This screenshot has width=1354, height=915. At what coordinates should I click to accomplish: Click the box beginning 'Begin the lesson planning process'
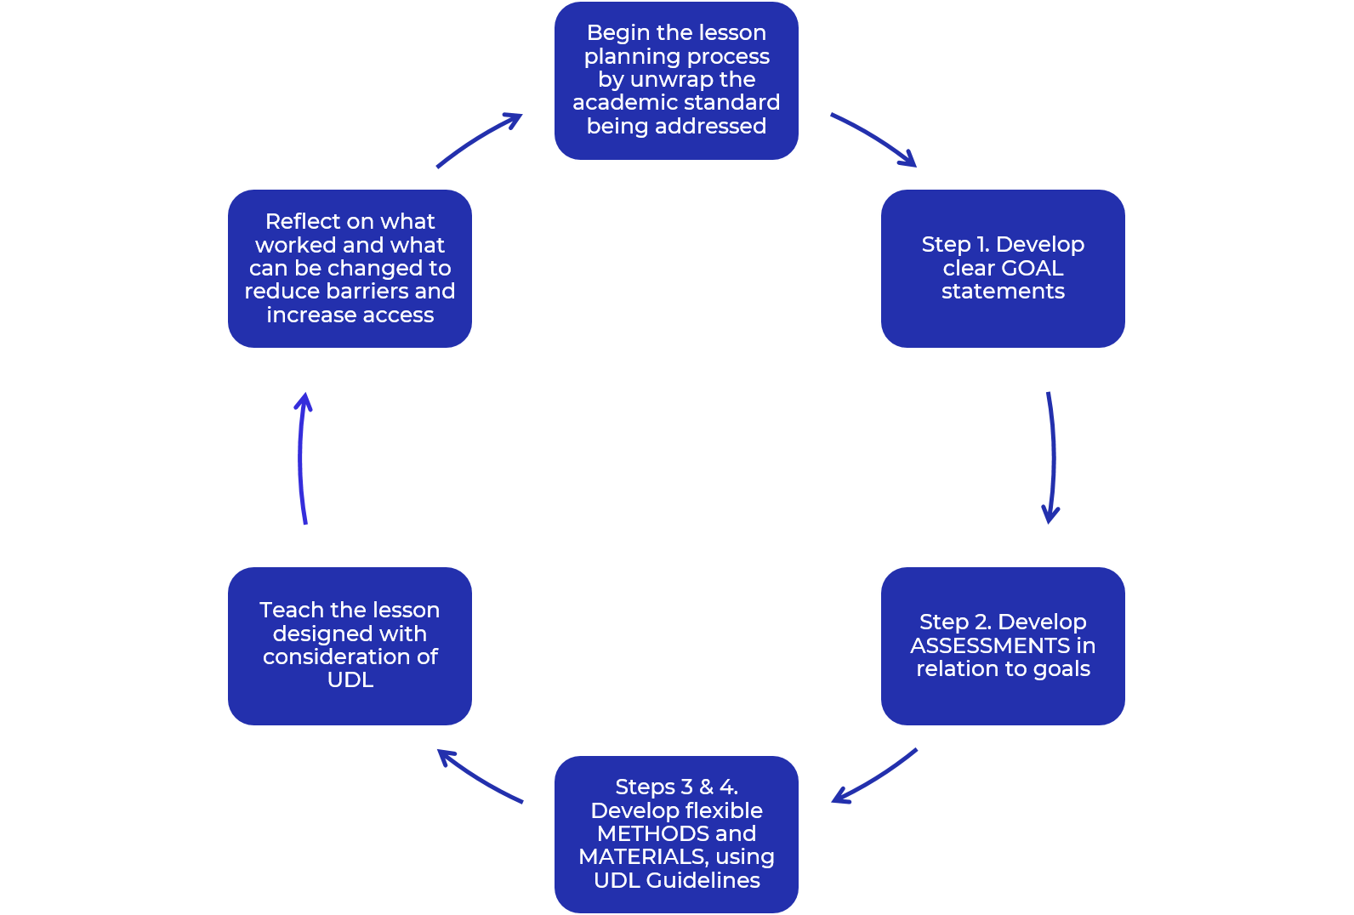(676, 81)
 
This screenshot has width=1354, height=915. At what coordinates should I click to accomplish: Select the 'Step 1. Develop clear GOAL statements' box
(1003, 269)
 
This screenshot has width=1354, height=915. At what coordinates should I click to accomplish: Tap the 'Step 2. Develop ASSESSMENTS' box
(1003, 645)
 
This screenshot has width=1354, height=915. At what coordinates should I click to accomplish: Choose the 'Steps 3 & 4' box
(676, 834)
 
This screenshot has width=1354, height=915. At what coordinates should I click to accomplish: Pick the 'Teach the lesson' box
(350, 645)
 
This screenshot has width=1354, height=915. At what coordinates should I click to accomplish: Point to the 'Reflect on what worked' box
(350, 269)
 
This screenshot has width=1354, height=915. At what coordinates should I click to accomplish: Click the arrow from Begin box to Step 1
(875, 137)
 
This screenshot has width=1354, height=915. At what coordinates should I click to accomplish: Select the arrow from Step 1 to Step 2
(1053, 457)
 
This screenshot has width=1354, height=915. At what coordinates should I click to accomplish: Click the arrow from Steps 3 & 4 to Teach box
(477, 778)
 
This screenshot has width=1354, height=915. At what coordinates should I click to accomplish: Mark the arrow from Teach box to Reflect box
(300, 457)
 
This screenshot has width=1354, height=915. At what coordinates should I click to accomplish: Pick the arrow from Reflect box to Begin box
(477, 138)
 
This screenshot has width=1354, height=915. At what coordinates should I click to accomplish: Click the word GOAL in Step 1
(1033, 268)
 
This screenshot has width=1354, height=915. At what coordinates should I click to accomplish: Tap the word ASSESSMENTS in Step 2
(990, 645)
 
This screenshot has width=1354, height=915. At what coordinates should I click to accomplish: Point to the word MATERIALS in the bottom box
(643, 857)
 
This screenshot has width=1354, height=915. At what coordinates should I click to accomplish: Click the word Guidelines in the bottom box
(703, 880)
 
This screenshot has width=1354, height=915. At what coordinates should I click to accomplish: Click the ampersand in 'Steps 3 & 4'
(706, 787)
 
